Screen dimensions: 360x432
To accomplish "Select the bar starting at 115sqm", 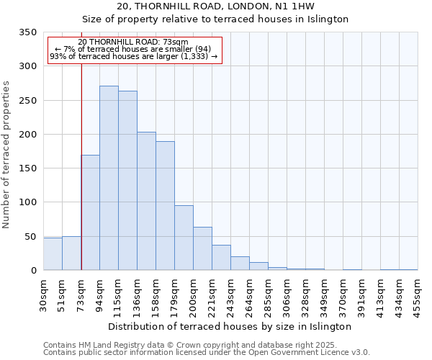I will coord(127,181).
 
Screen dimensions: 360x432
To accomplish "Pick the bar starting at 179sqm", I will coord(184,238).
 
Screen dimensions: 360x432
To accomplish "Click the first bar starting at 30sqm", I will coord(53,254).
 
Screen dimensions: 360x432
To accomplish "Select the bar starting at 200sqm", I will coord(202,248).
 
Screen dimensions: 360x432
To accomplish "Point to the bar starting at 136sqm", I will coord(146,201).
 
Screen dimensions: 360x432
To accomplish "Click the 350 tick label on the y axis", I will coord(27,32).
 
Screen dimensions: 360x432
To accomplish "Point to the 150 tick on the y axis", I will coord(27,168).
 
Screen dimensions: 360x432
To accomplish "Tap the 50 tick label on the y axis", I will coord(30,237).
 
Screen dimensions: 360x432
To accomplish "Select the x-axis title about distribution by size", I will coord(230,326).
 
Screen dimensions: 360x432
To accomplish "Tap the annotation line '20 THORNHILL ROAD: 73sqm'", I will coord(133,42).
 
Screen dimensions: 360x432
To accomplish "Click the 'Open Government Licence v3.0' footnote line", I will coord(207,353).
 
